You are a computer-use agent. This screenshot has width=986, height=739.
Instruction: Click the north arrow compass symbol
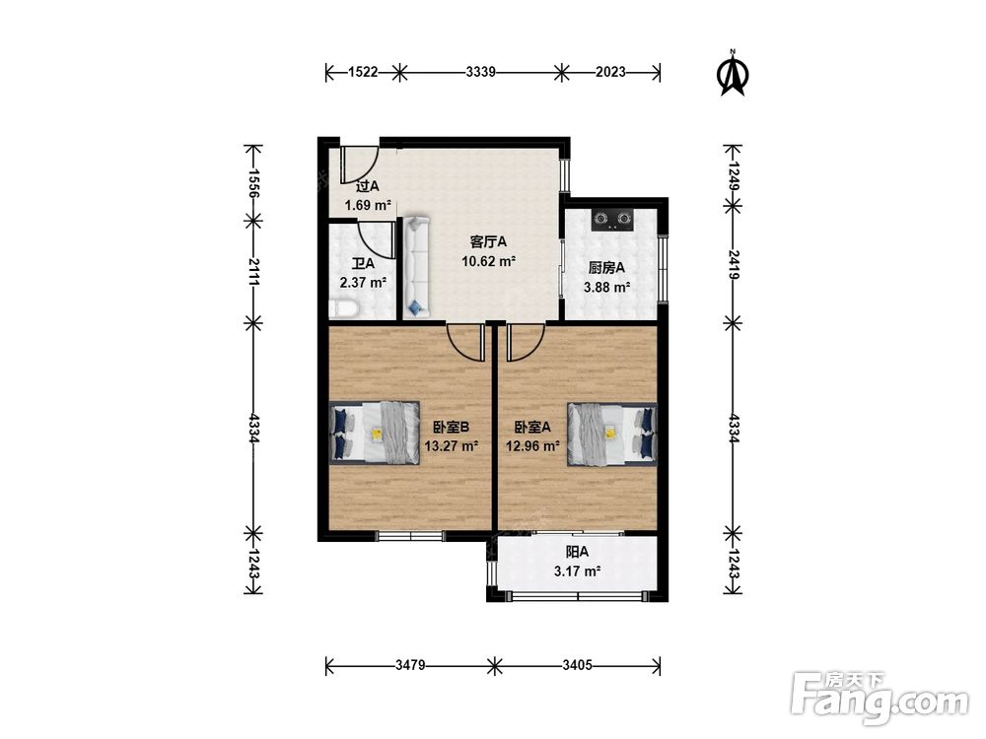[733, 73]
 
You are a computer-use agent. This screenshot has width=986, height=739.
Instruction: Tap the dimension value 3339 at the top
[481, 72]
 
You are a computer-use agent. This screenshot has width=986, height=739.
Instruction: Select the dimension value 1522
[363, 72]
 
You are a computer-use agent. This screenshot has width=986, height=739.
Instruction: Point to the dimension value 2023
[610, 72]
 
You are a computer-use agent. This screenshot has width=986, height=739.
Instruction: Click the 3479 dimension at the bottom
[410, 665]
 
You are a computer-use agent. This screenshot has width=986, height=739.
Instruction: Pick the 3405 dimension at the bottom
[577, 665]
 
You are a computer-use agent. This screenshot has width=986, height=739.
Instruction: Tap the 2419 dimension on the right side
[734, 264]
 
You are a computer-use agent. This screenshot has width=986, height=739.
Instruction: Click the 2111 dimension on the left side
[253, 272]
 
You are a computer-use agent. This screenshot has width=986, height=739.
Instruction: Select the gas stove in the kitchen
[613, 220]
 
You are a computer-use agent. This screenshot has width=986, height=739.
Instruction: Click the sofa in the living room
[416, 266]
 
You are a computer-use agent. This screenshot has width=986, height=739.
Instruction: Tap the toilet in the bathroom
[343, 308]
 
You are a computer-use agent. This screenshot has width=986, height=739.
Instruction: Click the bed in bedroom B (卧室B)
[375, 433]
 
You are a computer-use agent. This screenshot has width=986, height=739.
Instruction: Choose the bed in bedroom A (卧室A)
[612, 434]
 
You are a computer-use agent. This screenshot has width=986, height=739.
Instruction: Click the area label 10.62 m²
[489, 261]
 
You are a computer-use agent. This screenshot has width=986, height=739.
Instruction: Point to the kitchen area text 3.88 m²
[606, 288]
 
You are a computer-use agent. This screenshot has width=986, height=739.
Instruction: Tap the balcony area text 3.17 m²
[577, 571]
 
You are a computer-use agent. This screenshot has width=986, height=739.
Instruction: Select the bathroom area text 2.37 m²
[363, 283]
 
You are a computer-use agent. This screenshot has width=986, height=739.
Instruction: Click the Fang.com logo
[880, 698]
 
